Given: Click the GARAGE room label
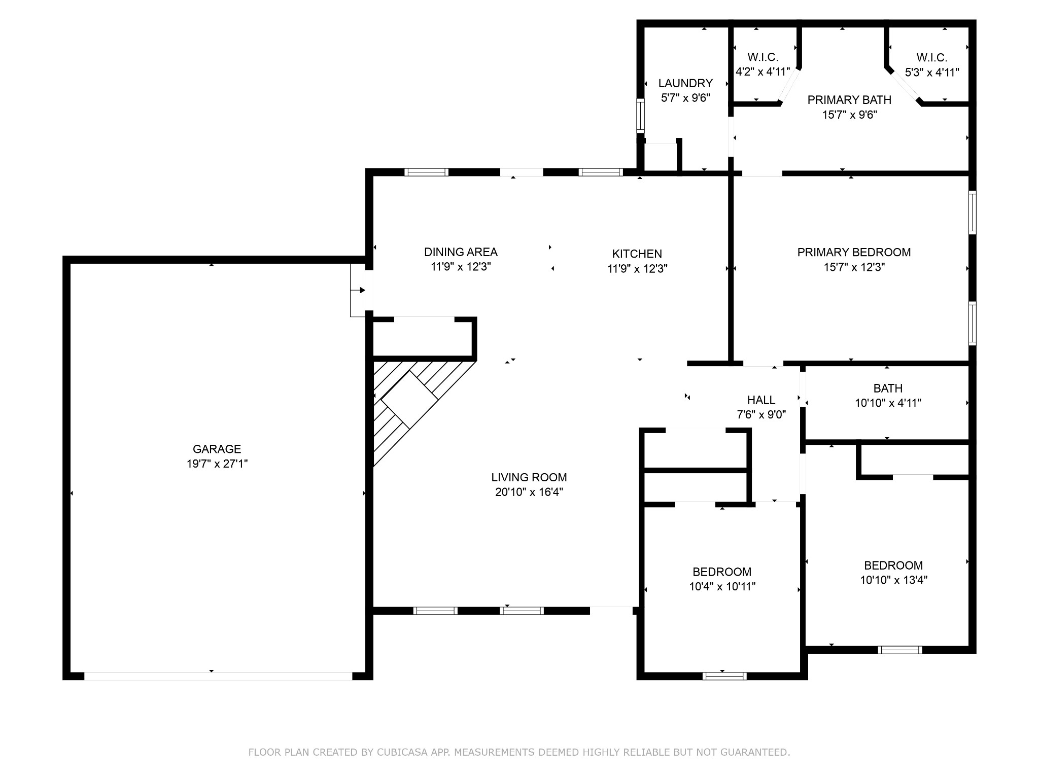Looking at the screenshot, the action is click(217, 449).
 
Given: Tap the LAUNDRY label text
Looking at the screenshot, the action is click(685, 83).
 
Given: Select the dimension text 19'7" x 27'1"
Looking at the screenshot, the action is click(217, 464).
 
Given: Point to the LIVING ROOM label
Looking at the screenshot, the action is click(529, 477).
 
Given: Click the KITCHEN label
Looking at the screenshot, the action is click(637, 254).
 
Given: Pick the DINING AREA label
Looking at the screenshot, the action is click(461, 252).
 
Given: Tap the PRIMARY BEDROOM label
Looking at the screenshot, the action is click(854, 252).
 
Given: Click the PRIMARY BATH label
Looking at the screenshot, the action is click(849, 100).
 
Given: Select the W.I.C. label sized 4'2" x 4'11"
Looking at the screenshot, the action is click(763, 57).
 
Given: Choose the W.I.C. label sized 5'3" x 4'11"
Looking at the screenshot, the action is click(932, 58).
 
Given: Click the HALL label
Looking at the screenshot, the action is click(761, 400).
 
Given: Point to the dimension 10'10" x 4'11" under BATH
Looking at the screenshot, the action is click(888, 403).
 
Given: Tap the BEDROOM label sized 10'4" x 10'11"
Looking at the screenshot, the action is click(722, 572).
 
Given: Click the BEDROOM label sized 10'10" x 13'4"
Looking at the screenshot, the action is click(893, 565).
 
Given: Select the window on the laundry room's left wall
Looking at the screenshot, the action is click(641, 115).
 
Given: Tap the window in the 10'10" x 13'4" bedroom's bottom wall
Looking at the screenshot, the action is click(899, 650).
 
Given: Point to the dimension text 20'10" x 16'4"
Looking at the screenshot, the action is click(529, 492).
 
